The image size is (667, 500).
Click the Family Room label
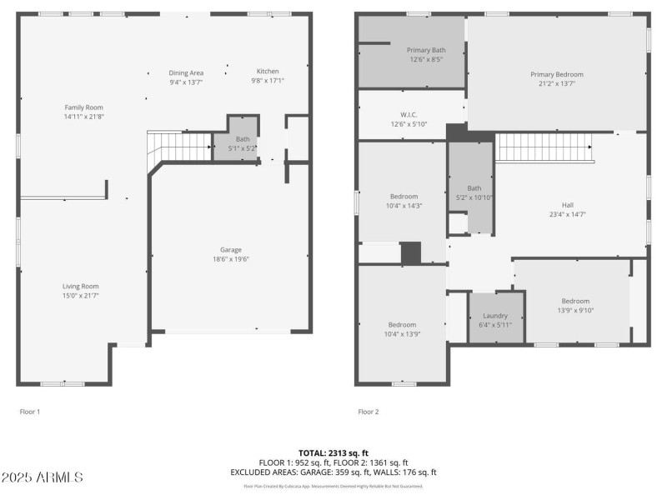tap(83, 107)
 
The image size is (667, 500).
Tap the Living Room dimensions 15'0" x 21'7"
tap(81, 296)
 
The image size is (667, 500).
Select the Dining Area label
tap(186, 72)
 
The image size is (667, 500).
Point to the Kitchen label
tap(268, 72)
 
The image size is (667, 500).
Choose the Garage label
tap(231, 250)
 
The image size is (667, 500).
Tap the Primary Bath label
tap(425, 50)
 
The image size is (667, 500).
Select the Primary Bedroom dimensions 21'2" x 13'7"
tap(556, 84)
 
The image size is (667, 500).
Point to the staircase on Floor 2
tap(544, 147)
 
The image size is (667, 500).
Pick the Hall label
tap(567, 205)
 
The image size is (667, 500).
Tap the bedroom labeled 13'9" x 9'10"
tap(574, 306)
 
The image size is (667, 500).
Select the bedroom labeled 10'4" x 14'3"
tap(404, 201)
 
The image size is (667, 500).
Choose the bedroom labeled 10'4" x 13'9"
tap(404, 329)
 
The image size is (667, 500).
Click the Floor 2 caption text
tap(369, 412)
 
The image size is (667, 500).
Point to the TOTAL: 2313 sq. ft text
tap(333, 452)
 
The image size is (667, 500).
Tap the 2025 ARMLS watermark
tap(42, 477)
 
